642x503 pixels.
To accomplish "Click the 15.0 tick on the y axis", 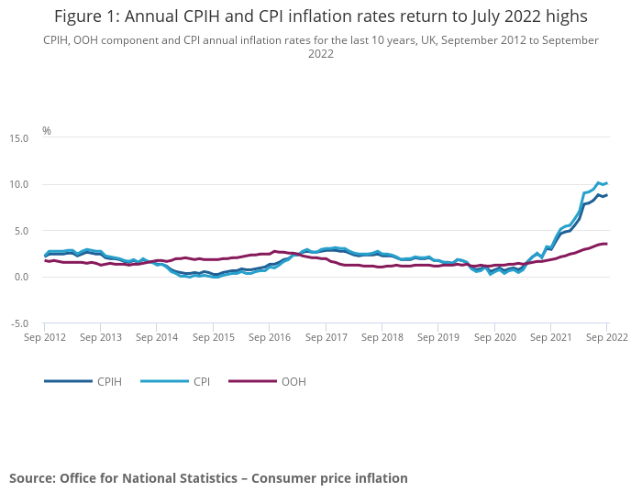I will tap(18, 138).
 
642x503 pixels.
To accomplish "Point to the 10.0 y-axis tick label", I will tap(18, 185).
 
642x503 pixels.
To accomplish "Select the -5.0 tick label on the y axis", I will tap(18, 323).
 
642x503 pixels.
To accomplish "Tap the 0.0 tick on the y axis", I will tap(21, 278).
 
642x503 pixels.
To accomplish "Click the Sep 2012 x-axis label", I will tap(44, 337).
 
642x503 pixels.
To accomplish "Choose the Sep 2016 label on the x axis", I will tap(270, 337).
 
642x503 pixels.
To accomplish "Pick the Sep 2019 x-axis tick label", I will tap(438, 337).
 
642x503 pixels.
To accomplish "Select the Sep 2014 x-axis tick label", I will tap(157, 337).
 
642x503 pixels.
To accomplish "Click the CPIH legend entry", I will tap(108, 381).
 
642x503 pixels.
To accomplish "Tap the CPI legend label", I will tap(201, 381).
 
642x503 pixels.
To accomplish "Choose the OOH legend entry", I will tap(293, 381).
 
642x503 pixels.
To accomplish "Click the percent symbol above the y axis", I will tap(47, 131).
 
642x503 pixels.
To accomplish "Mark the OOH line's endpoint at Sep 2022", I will tap(606, 244).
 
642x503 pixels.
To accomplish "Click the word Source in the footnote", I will tap(31, 478).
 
